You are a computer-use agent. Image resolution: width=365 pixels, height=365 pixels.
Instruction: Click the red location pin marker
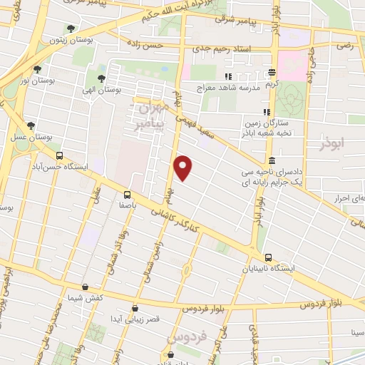(x=184, y=168)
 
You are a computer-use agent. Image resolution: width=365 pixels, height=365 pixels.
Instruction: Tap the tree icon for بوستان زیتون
(x=70, y=29)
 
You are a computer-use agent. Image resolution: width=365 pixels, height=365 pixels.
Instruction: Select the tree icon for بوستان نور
(x=37, y=69)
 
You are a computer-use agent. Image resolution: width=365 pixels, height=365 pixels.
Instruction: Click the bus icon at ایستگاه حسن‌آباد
(x=59, y=155)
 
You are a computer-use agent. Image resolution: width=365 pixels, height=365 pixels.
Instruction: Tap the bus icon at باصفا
(x=127, y=194)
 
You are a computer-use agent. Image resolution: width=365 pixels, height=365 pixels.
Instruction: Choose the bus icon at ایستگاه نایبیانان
(x=268, y=257)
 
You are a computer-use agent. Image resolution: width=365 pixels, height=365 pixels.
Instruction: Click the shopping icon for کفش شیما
(x=86, y=287)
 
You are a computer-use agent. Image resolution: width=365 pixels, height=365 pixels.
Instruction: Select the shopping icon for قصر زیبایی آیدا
(x=135, y=308)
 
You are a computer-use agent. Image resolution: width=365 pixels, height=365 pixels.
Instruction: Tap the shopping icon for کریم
(x=272, y=72)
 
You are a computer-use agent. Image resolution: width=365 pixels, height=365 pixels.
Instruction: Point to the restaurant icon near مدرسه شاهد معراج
(x=228, y=76)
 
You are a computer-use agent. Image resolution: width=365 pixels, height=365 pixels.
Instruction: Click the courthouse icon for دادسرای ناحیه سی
(x=272, y=160)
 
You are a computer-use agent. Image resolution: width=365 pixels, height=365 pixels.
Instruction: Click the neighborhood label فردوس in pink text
(x=185, y=334)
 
